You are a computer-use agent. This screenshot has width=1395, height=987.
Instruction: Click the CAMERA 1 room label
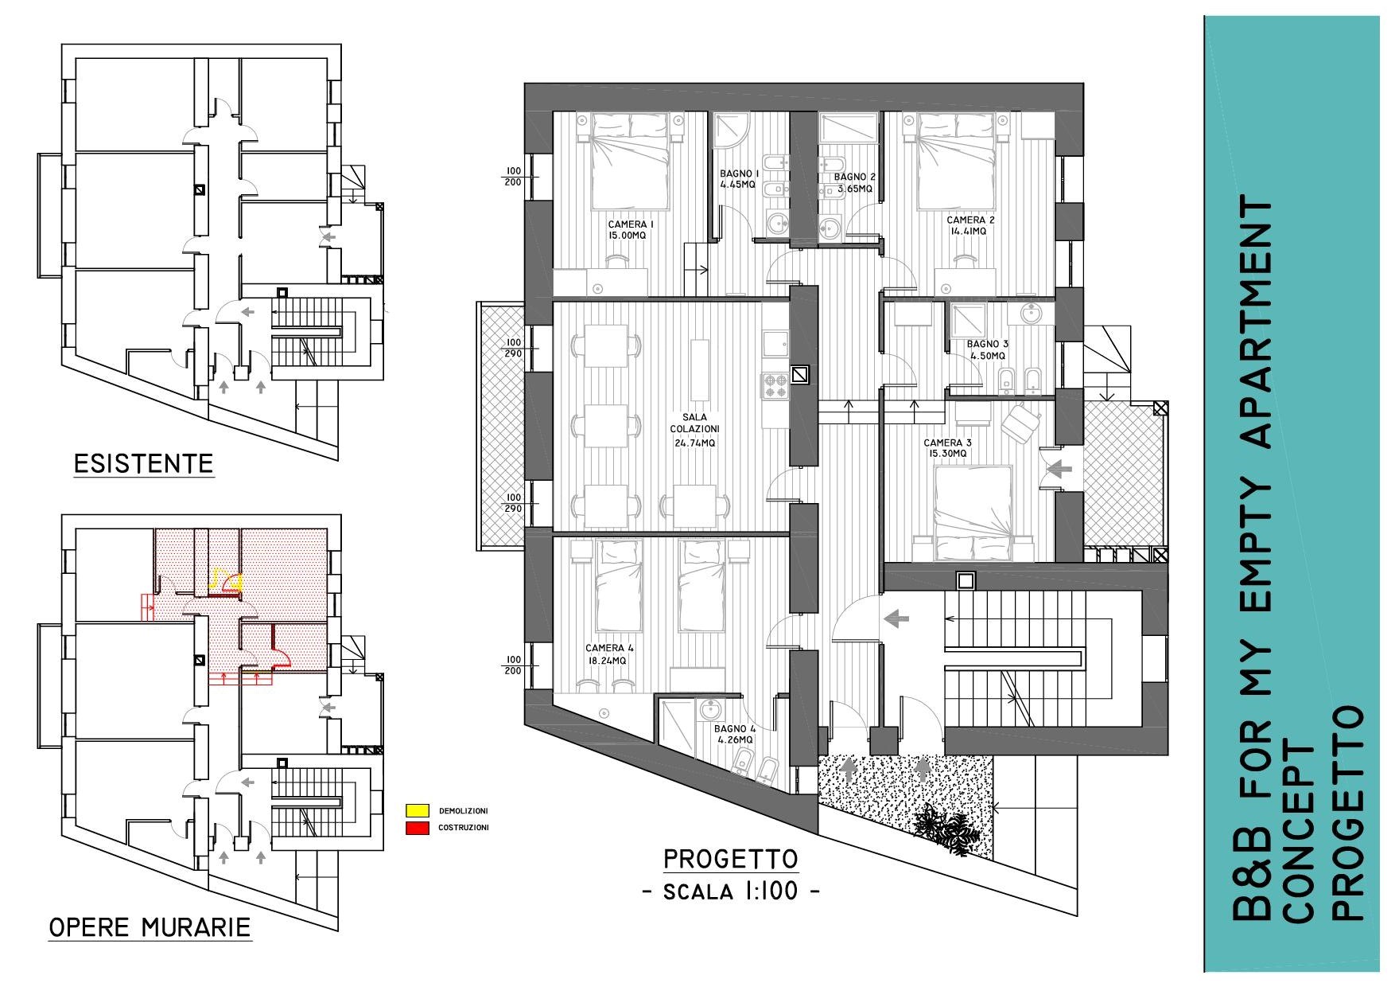click(x=631, y=230)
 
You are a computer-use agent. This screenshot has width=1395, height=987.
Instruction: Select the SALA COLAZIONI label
click(x=694, y=423)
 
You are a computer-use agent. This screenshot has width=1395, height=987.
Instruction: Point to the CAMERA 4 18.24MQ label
click(x=609, y=654)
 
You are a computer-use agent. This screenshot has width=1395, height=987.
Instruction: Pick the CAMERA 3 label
click(x=947, y=443)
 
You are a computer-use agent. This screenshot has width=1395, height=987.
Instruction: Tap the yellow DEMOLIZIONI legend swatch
click(x=417, y=811)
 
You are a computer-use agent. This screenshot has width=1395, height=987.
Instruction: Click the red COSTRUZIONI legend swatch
click(x=417, y=828)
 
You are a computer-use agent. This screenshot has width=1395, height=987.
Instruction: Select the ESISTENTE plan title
click(x=143, y=463)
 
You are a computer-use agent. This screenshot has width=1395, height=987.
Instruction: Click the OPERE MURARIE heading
click(x=150, y=927)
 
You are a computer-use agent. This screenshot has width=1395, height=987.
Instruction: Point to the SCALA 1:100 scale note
click(x=731, y=891)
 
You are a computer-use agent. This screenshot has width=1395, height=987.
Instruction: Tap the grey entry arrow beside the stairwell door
click(x=896, y=617)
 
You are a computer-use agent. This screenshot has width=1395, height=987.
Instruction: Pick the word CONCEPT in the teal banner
click(x=1299, y=832)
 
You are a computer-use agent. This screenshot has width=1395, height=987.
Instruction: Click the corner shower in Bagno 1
click(x=731, y=131)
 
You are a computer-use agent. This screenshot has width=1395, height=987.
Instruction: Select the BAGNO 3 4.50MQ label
click(x=987, y=350)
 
